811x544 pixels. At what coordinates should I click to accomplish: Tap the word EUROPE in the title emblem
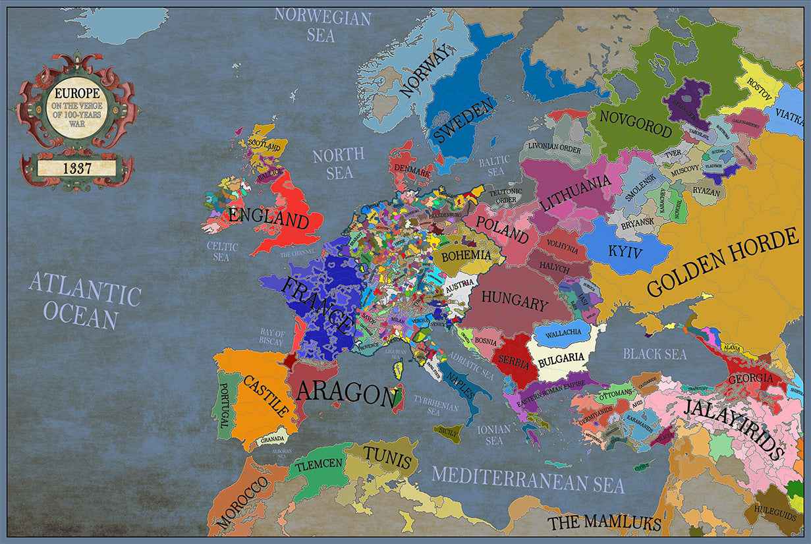click(x=77, y=94)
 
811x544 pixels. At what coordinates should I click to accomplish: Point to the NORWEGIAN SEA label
click(x=322, y=25)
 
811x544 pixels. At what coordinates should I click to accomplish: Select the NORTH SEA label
click(x=339, y=164)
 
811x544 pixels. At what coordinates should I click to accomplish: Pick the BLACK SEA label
click(x=655, y=354)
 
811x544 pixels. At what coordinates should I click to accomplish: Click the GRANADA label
click(x=272, y=439)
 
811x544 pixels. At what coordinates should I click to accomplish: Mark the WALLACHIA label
click(x=563, y=333)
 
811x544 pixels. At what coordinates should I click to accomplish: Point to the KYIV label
click(x=625, y=251)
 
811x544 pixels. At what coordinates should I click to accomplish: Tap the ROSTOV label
click(x=759, y=87)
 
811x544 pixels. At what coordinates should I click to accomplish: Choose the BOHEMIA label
click(x=466, y=255)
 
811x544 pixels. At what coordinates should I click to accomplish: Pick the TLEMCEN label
click(x=319, y=464)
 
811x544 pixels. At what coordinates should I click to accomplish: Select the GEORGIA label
click(x=750, y=379)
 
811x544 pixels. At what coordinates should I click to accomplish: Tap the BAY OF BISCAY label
click(x=272, y=337)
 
